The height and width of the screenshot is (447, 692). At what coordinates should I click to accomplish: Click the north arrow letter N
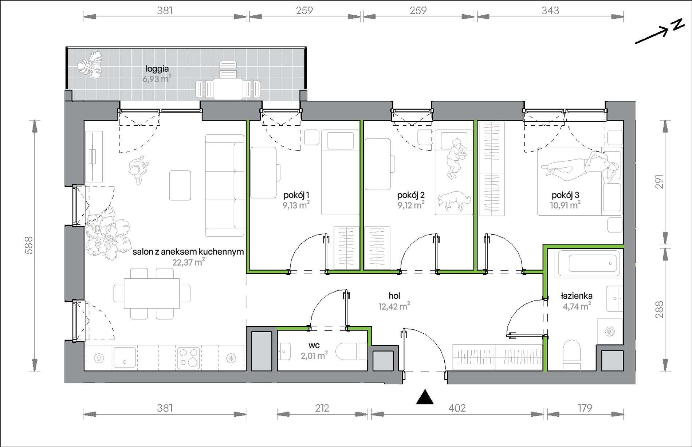point(678,25)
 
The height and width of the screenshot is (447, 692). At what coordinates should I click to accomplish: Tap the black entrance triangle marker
point(425,397)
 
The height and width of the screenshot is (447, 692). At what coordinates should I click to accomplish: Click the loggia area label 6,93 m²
point(157,78)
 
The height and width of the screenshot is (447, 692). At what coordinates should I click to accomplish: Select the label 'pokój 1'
point(296,195)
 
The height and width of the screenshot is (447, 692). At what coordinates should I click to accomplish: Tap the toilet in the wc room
point(351,352)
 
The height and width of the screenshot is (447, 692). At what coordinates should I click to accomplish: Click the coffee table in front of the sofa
point(180,185)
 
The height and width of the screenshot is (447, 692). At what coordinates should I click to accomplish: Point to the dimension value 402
point(457,408)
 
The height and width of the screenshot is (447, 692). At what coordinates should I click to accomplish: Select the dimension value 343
point(550,11)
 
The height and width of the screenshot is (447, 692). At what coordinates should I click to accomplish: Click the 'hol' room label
point(394,296)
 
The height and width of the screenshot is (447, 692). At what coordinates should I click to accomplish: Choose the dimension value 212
point(322,408)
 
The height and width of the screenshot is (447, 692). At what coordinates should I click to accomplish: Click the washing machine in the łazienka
point(609,331)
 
